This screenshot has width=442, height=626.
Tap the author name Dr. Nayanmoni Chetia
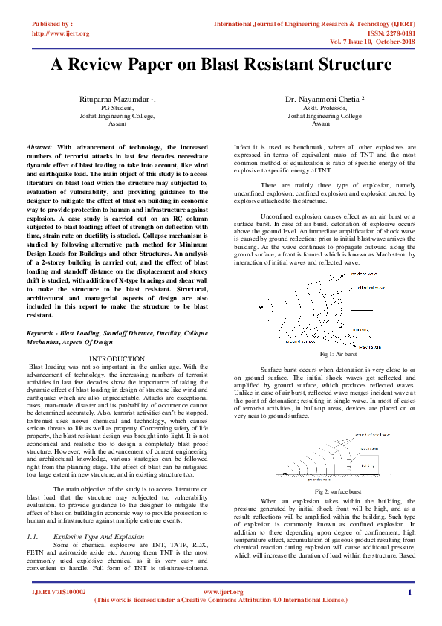tap(322, 99)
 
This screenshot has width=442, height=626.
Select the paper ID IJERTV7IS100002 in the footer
tap(59, 592)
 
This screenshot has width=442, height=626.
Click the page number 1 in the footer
tap(409, 592)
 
